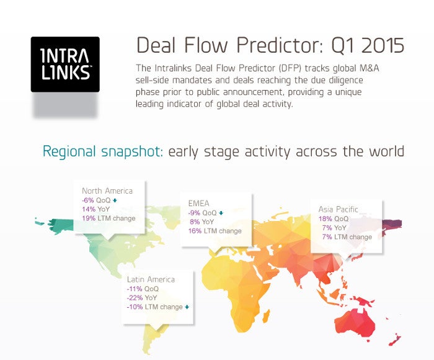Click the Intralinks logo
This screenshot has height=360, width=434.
65,65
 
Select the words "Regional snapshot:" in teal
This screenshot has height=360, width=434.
102,151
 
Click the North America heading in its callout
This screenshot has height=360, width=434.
107,191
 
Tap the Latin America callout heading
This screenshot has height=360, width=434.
151,279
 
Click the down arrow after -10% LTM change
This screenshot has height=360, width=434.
187,307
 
